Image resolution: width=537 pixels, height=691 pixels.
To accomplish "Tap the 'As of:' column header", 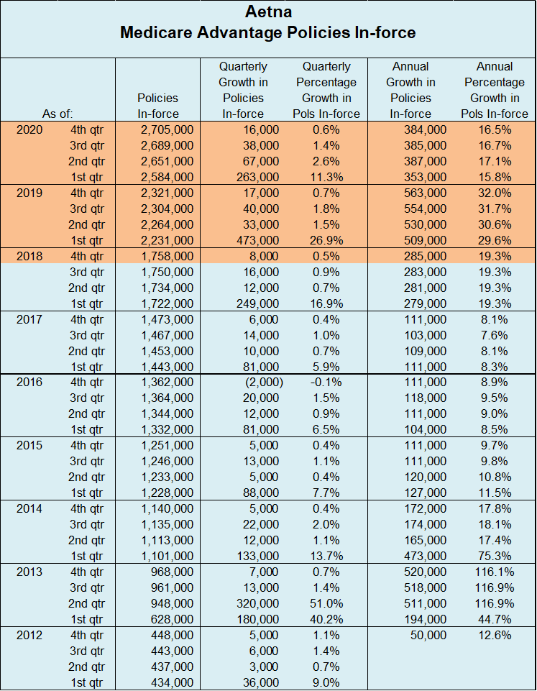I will pos(58,114).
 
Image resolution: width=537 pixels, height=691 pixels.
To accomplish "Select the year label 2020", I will pos(30,129).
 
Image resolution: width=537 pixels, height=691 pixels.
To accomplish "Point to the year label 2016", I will pos(30,382).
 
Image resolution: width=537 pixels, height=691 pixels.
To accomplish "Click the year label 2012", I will pos(30,635).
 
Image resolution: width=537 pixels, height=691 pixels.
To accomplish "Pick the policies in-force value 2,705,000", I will pos(167,129).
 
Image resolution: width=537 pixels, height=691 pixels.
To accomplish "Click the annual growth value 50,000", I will pos(428,635).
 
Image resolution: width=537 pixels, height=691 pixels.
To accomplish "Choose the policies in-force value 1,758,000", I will pos(167,256).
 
